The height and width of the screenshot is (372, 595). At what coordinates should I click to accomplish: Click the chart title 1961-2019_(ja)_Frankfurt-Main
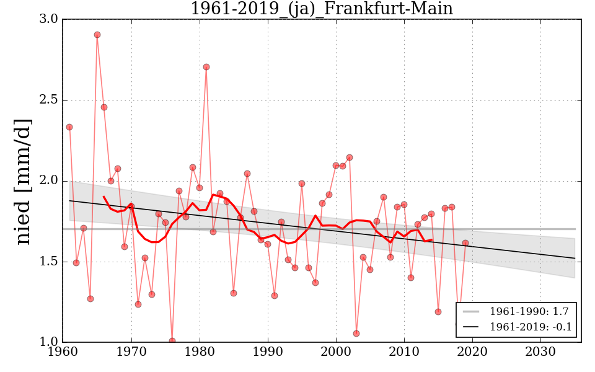click(321, 9)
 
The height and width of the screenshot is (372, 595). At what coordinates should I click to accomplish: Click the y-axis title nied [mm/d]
click(24, 181)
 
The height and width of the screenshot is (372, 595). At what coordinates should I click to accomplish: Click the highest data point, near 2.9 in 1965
click(97, 35)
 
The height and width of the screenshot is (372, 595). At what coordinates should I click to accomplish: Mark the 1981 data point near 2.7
click(206, 67)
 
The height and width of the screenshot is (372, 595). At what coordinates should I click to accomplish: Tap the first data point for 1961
click(69, 127)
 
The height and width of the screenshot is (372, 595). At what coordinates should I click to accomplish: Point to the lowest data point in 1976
click(172, 341)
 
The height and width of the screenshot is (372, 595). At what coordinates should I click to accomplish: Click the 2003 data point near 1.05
click(356, 334)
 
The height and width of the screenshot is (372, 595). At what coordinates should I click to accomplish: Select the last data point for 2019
click(465, 243)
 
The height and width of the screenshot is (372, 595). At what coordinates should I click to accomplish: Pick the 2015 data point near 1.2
click(438, 312)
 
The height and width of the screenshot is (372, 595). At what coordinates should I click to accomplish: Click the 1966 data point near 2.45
click(104, 107)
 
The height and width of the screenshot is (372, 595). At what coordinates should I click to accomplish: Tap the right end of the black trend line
click(575, 258)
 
